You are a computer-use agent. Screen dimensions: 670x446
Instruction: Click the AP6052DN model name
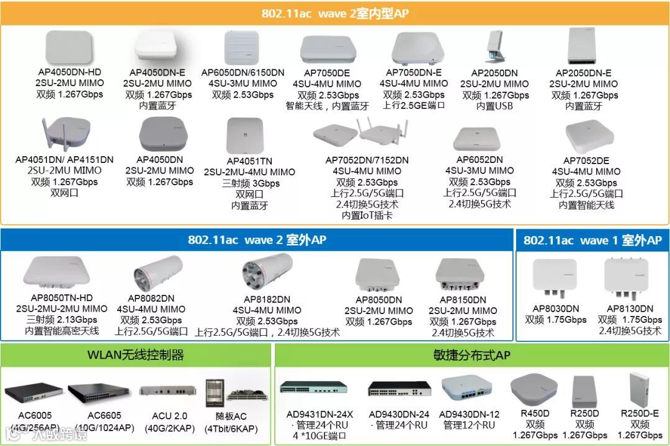480,159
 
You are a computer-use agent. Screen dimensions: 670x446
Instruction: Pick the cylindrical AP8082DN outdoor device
158,273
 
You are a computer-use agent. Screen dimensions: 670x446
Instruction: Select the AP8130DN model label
630,308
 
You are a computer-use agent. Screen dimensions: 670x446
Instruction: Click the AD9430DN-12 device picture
469,389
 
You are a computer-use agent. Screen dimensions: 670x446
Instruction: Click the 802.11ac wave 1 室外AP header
592,240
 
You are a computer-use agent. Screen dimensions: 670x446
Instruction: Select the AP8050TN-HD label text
61,297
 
